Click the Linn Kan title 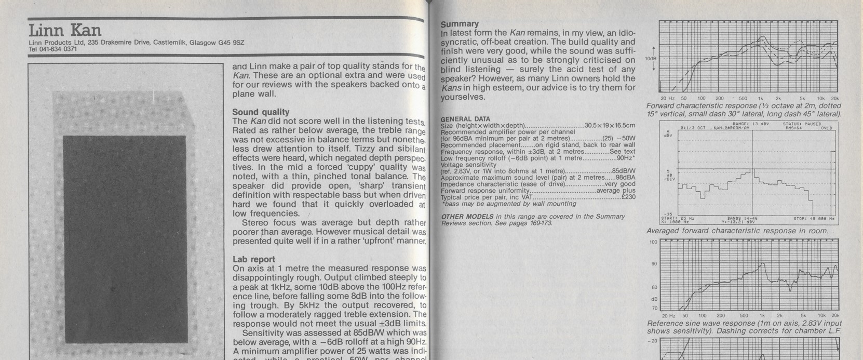(x=65, y=30)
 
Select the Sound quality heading (x=261, y=112)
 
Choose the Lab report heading (x=253, y=259)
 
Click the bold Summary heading (x=460, y=24)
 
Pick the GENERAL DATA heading (x=465, y=119)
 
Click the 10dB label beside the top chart (x=650, y=58)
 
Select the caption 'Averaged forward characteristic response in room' (x=737, y=231)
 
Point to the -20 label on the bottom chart (x=653, y=341)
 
